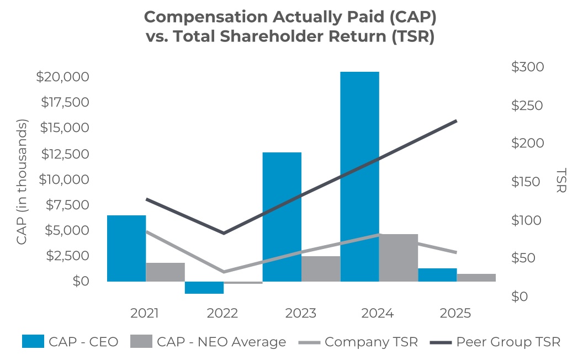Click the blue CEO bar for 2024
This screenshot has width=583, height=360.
[359, 176]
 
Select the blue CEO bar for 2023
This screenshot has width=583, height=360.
[282, 216]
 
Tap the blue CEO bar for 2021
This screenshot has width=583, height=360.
[126, 248]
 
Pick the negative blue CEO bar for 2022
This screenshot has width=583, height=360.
[204, 288]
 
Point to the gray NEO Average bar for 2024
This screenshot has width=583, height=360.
[399, 257]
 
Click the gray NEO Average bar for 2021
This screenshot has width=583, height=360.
[165, 272]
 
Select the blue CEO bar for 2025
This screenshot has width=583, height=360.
[437, 274]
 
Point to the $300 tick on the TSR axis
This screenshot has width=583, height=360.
[527, 67]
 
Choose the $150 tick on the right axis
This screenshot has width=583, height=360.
[527, 182]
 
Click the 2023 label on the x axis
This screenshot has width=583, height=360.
[300, 314]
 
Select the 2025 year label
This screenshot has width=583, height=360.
[455, 314]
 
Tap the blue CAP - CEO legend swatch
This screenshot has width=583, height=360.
[33, 342]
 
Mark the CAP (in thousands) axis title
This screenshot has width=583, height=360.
[22, 182]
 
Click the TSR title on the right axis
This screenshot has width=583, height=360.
[561, 181]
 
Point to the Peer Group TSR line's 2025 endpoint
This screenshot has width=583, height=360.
[457, 120]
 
